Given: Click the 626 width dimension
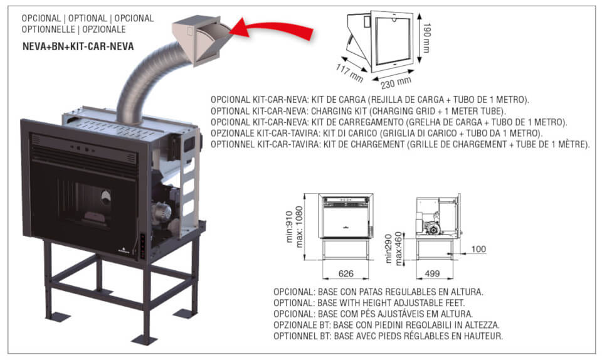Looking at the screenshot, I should [345, 273].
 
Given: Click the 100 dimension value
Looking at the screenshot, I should [478, 250].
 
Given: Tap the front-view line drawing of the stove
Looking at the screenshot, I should [346, 216].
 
